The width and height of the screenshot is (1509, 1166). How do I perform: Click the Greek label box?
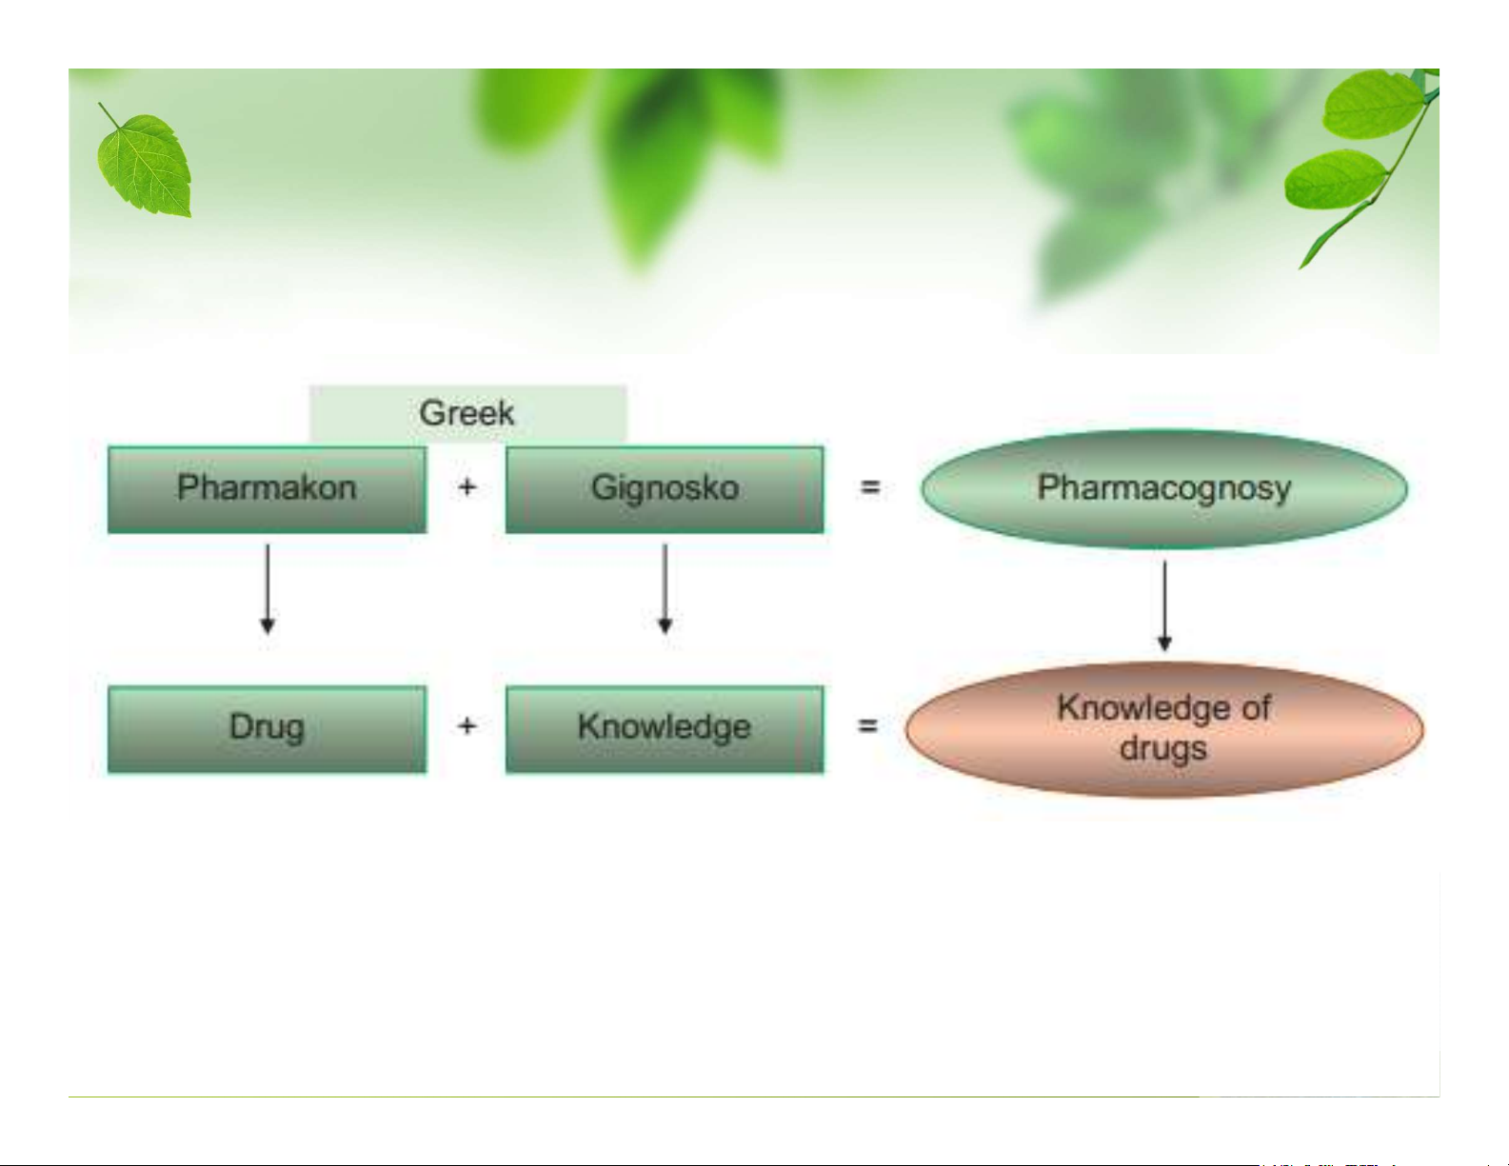coord(467,414)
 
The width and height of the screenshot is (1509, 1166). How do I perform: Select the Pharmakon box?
coord(268,490)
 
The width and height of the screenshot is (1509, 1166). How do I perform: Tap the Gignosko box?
coord(665,490)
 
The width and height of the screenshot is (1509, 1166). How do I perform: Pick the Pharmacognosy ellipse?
coord(1163,488)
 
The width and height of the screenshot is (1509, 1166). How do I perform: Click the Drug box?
coord(268,729)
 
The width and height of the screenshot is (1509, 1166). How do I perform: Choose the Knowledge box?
coord(665,729)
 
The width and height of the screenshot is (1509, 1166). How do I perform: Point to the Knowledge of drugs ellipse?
coord(1163,729)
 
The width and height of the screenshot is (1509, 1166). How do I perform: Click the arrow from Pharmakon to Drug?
coord(268,588)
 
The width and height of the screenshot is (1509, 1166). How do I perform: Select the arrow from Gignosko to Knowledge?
coord(665,588)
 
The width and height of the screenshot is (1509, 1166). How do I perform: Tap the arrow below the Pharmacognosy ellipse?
coord(1164,606)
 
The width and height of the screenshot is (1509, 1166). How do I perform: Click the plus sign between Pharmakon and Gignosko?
coord(467,487)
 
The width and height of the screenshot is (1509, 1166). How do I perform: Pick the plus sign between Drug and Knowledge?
coord(467,726)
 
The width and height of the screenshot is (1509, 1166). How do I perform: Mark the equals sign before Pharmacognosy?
coord(869,488)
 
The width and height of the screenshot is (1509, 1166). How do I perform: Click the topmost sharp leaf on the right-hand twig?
coord(1372,104)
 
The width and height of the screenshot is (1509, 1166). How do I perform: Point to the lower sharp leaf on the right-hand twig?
coord(1335,179)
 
